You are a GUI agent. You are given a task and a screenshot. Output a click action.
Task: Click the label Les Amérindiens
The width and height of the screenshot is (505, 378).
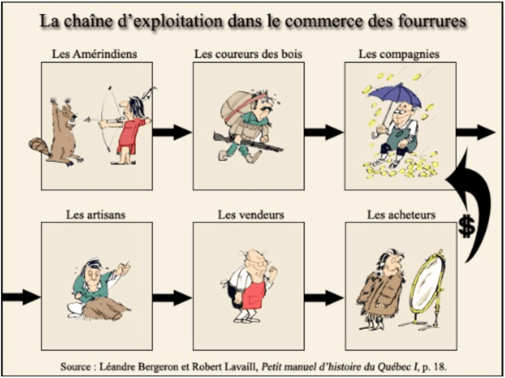click(x=94, y=54)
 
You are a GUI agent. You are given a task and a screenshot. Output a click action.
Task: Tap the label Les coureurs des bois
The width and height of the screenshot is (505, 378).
click(x=249, y=54)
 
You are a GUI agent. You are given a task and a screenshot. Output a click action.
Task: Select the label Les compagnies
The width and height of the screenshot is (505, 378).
click(x=399, y=54)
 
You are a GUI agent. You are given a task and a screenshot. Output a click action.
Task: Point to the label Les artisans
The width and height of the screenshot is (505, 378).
click(x=96, y=215)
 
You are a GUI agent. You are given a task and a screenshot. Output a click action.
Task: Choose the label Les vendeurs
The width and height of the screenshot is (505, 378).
click(x=251, y=215)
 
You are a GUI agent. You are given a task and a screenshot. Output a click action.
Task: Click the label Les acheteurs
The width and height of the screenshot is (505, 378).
click(x=401, y=215)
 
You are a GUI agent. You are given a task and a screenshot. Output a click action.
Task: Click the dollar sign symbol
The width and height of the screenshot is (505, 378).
click(x=467, y=226)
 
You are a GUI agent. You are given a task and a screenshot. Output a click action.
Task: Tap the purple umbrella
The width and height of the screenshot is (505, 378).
click(x=395, y=96)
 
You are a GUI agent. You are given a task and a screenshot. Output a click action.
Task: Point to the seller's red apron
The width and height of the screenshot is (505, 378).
click(x=254, y=294)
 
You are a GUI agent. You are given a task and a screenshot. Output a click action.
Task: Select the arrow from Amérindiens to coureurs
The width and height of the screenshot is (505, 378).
click(x=172, y=132)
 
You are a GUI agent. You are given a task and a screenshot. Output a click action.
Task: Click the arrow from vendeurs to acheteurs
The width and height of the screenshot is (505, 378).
click(x=324, y=297)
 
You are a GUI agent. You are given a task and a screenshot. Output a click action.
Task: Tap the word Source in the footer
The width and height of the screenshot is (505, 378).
click(x=75, y=366)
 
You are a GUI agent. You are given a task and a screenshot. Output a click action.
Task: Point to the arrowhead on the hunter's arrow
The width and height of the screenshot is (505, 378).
click(x=86, y=120)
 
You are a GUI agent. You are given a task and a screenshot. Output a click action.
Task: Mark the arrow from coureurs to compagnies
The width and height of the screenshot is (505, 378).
click(x=324, y=132)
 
